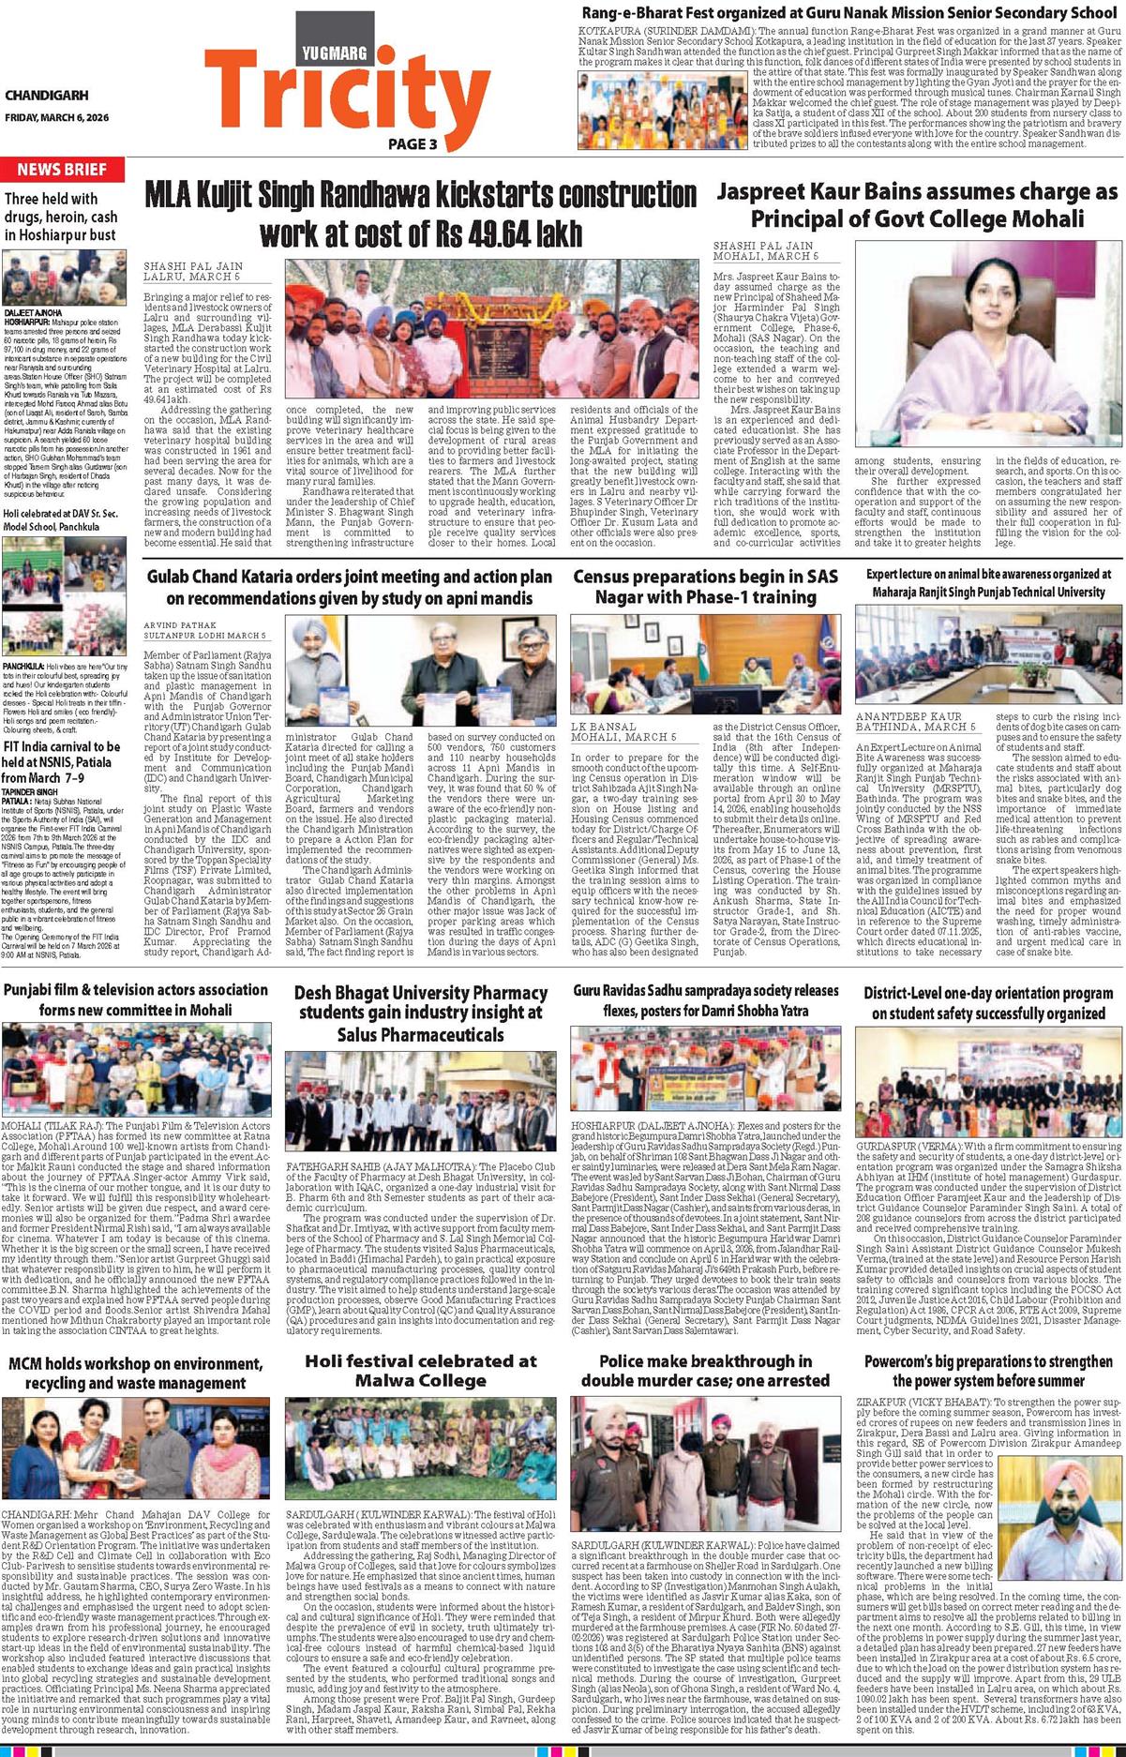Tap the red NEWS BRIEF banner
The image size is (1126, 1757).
click(62, 170)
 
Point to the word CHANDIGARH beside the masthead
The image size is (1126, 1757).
click(46, 96)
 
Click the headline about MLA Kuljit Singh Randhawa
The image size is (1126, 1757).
click(420, 213)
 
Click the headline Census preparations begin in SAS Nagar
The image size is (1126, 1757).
click(707, 586)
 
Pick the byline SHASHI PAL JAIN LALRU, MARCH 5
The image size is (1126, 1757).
click(191, 272)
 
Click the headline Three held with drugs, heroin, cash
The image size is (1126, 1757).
click(60, 217)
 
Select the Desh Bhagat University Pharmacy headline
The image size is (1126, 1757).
click(420, 1014)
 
